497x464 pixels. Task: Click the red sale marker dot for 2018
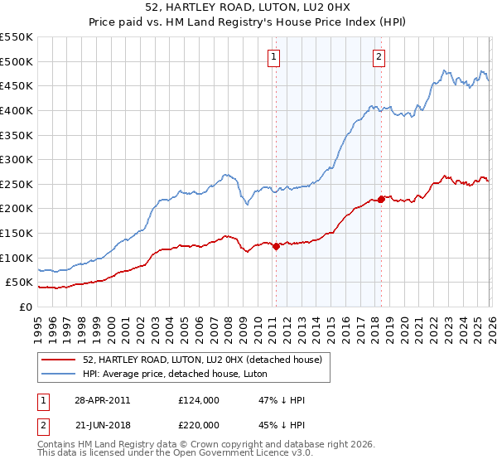pos(380,199)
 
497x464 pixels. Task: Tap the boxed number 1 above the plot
pos(274,57)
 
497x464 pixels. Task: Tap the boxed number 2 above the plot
pos(379,57)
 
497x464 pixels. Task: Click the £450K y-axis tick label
pos(17,85)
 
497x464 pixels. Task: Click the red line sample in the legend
pos(59,359)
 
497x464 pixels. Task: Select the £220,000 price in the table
pos(199,423)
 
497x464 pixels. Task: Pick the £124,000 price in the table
pos(199,400)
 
